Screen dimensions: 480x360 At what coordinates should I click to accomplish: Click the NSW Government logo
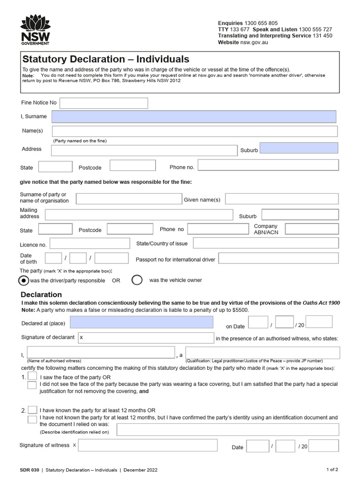coord(36,30)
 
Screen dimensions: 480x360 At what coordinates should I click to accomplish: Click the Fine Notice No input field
coord(104,103)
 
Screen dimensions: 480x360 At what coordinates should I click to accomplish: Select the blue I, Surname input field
coord(194,117)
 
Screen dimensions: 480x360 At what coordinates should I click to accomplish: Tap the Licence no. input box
coord(90,244)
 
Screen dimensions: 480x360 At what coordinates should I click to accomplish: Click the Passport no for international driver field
coord(278,259)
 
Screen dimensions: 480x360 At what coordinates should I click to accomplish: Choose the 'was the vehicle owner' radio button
coord(137,280)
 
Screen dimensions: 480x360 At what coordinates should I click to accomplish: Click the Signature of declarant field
coord(146,337)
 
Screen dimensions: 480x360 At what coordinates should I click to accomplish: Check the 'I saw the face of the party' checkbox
coord(32,376)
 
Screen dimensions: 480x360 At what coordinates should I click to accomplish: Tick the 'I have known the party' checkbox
coord(33,410)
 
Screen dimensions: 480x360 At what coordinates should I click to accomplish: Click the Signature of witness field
coord(147,445)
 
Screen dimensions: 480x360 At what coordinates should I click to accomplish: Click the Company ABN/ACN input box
coord(311,229)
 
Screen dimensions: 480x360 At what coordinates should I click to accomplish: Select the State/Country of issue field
coord(265,243)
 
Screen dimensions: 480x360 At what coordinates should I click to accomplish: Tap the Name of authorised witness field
coord(100,352)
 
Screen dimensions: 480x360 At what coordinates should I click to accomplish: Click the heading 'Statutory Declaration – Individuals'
coord(106,60)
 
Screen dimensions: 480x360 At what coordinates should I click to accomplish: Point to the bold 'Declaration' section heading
coord(41,295)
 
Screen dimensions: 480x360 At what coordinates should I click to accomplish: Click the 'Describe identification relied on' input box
coord(227,429)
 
